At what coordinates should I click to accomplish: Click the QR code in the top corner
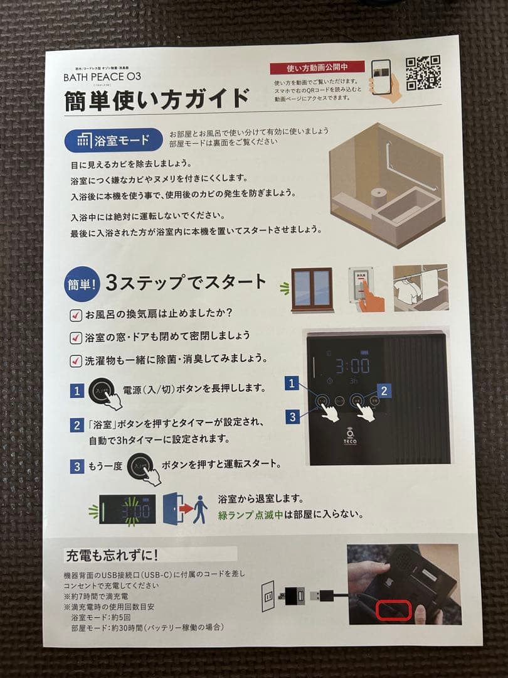[423, 74]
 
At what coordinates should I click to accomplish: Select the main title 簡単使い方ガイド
[157, 100]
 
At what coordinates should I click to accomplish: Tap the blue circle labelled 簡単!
[81, 284]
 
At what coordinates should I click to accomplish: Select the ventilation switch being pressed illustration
[365, 288]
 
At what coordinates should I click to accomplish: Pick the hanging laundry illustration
[420, 287]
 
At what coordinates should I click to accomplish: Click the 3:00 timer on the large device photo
[351, 366]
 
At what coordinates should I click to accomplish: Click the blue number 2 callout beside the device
[384, 390]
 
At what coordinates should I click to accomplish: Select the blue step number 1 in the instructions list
[77, 391]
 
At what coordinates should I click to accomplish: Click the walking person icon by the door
[200, 509]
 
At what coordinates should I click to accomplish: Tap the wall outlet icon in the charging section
[268, 596]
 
